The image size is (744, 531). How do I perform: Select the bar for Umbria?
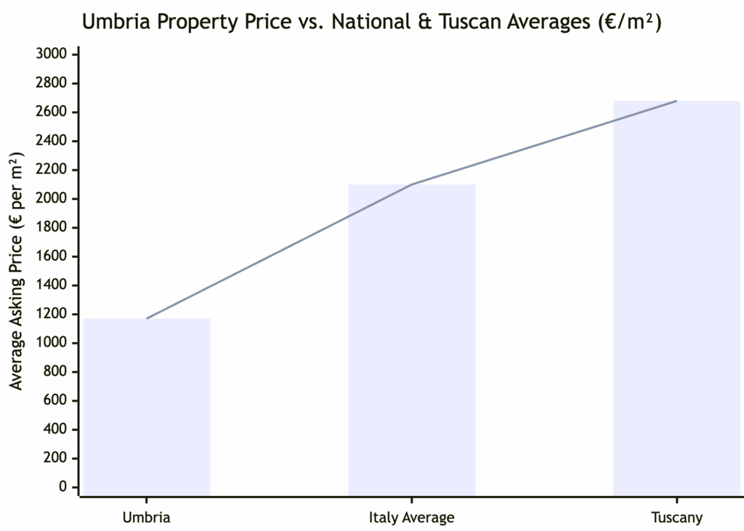[147, 407]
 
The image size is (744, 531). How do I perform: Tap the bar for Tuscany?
[676, 298]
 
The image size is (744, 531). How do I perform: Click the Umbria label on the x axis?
[147, 518]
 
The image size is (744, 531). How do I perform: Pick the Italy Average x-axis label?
[412, 518]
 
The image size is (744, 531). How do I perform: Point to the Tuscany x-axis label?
[676, 518]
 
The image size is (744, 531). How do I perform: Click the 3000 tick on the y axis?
[52, 54]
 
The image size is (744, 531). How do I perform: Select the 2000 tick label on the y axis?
[52, 198]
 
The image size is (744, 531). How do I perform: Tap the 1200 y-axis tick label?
[52, 314]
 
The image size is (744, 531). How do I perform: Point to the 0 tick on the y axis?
[63, 487]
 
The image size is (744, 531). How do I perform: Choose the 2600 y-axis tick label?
[52, 112]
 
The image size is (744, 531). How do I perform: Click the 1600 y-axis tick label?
[52, 256]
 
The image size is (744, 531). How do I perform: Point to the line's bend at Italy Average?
[412, 185]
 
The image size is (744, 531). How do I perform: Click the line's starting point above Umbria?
[147, 318]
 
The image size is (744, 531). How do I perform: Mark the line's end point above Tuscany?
[676, 101]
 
